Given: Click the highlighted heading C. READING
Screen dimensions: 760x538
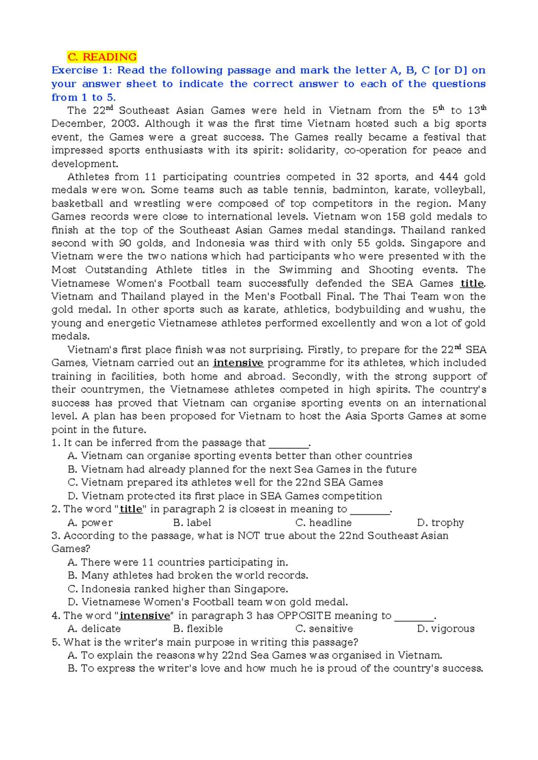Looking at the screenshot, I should coord(102,57).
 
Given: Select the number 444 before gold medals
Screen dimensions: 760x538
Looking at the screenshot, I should coord(448,177).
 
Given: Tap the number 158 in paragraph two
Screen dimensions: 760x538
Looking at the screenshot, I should coord(418,217).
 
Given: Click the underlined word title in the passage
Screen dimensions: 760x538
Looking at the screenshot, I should coord(472,283).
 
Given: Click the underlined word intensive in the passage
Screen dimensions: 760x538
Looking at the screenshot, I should coord(238,363).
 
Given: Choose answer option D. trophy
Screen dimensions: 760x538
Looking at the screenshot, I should coord(440,522).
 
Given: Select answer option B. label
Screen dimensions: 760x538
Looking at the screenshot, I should coord(192,522).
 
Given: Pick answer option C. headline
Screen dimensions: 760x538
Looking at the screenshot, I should coord(323,522).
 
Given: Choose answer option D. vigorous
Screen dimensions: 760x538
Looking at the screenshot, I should coord(446,629).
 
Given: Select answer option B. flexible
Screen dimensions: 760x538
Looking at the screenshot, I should coord(198,629).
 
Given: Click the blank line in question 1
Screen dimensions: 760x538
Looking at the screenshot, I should coord(289,444).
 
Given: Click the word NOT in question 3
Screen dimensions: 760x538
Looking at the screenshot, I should coord(248,536).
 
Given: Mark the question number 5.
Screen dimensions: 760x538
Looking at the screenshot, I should coord(55,642).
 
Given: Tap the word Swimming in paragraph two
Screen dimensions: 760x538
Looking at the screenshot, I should coord(305,270).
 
